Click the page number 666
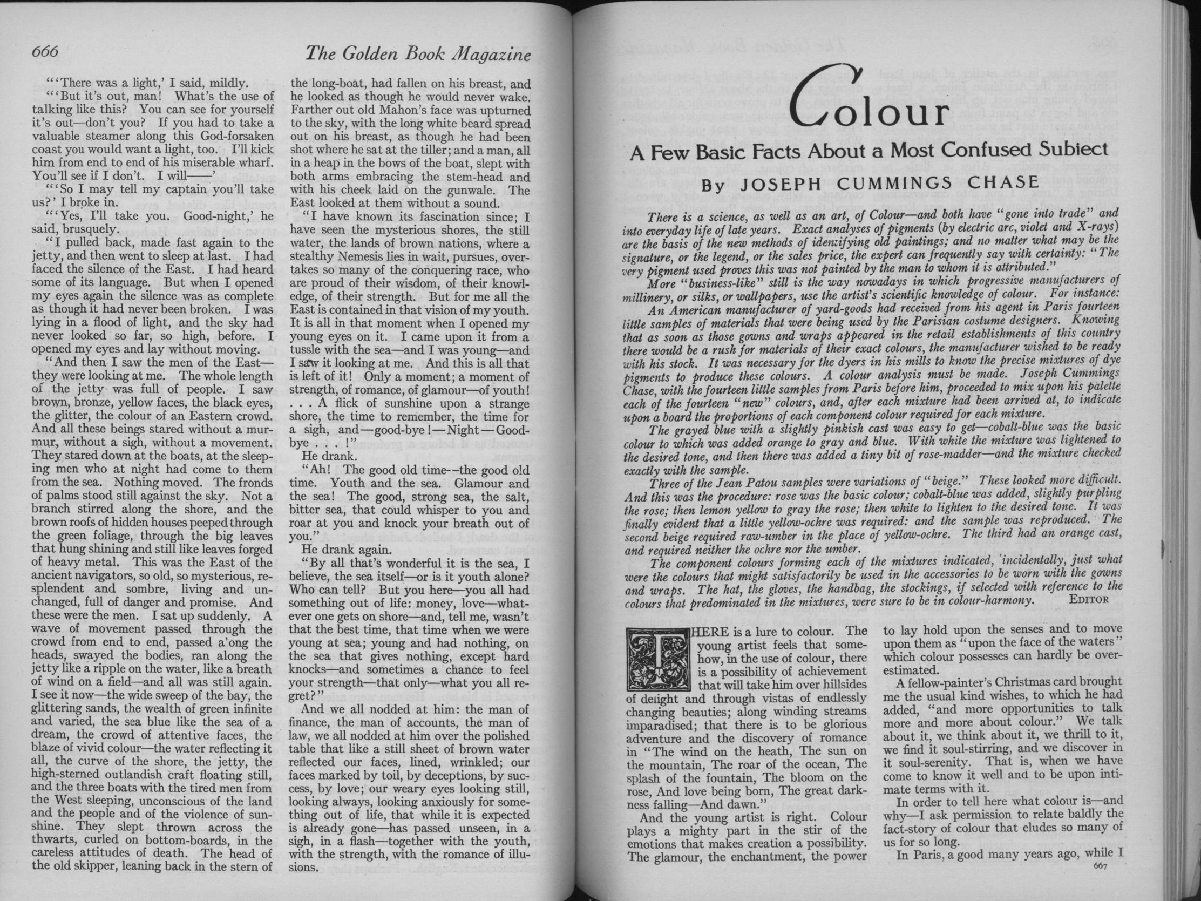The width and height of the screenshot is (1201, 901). [x=45, y=52]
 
